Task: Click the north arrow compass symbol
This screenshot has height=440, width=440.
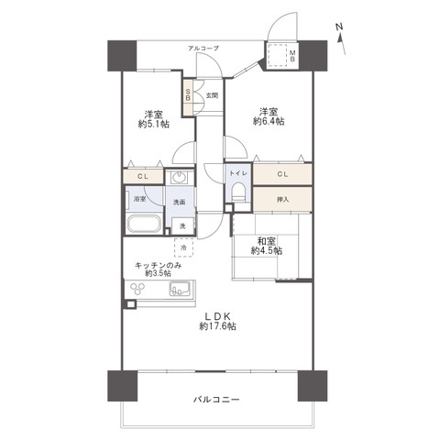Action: [341, 38]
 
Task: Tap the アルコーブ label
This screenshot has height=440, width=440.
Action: [203, 48]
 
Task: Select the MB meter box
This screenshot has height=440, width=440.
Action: [281, 56]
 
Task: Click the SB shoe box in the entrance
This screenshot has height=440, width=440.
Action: [188, 96]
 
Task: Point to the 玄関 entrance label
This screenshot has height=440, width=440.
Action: [212, 95]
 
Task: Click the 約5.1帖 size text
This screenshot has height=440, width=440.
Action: [154, 125]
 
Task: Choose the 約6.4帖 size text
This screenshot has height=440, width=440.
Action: [269, 121]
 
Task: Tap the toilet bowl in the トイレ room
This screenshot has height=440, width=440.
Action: [238, 192]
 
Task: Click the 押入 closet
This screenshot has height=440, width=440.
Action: [282, 199]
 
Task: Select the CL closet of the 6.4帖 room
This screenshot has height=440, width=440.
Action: [282, 174]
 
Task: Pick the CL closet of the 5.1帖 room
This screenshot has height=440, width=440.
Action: [143, 176]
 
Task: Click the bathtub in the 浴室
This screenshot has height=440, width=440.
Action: [144, 224]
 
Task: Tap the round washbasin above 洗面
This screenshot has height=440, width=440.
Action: [179, 177]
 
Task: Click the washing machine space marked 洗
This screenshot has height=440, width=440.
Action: [182, 226]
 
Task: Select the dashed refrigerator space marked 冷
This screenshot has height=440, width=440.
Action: [183, 247]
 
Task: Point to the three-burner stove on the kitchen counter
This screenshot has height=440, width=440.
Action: [137, 289]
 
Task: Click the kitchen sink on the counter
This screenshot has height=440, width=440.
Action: [180, 289]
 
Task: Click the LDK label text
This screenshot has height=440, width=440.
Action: [217, 316]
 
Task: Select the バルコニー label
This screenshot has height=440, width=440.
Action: [216, 400]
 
